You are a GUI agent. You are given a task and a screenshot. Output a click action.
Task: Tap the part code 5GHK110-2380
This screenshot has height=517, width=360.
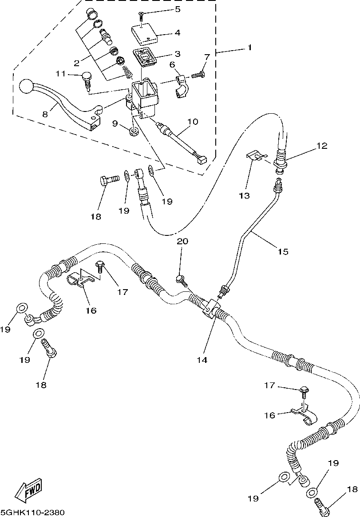[33, 512]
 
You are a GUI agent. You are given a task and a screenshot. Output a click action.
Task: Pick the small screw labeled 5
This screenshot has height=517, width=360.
[141, 15]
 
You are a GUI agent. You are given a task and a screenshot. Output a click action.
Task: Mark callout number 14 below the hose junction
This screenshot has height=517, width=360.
[202, 360]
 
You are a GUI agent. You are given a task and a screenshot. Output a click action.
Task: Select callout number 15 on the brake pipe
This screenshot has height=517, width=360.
[283, 251]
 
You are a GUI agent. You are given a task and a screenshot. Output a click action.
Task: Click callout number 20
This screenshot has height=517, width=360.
[182, 242]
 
